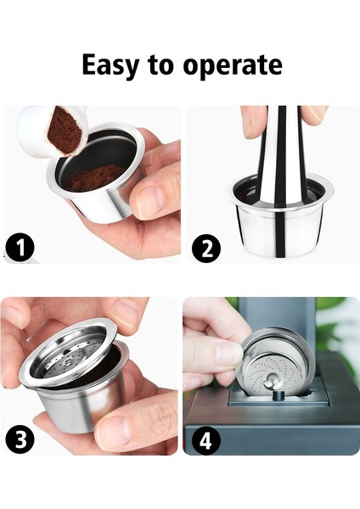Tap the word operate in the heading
point(233,66)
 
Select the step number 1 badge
point(20,248)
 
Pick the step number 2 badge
point(206,248)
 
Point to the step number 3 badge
point(20,439)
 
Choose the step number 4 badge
point(206,439)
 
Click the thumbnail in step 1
point(148,199)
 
